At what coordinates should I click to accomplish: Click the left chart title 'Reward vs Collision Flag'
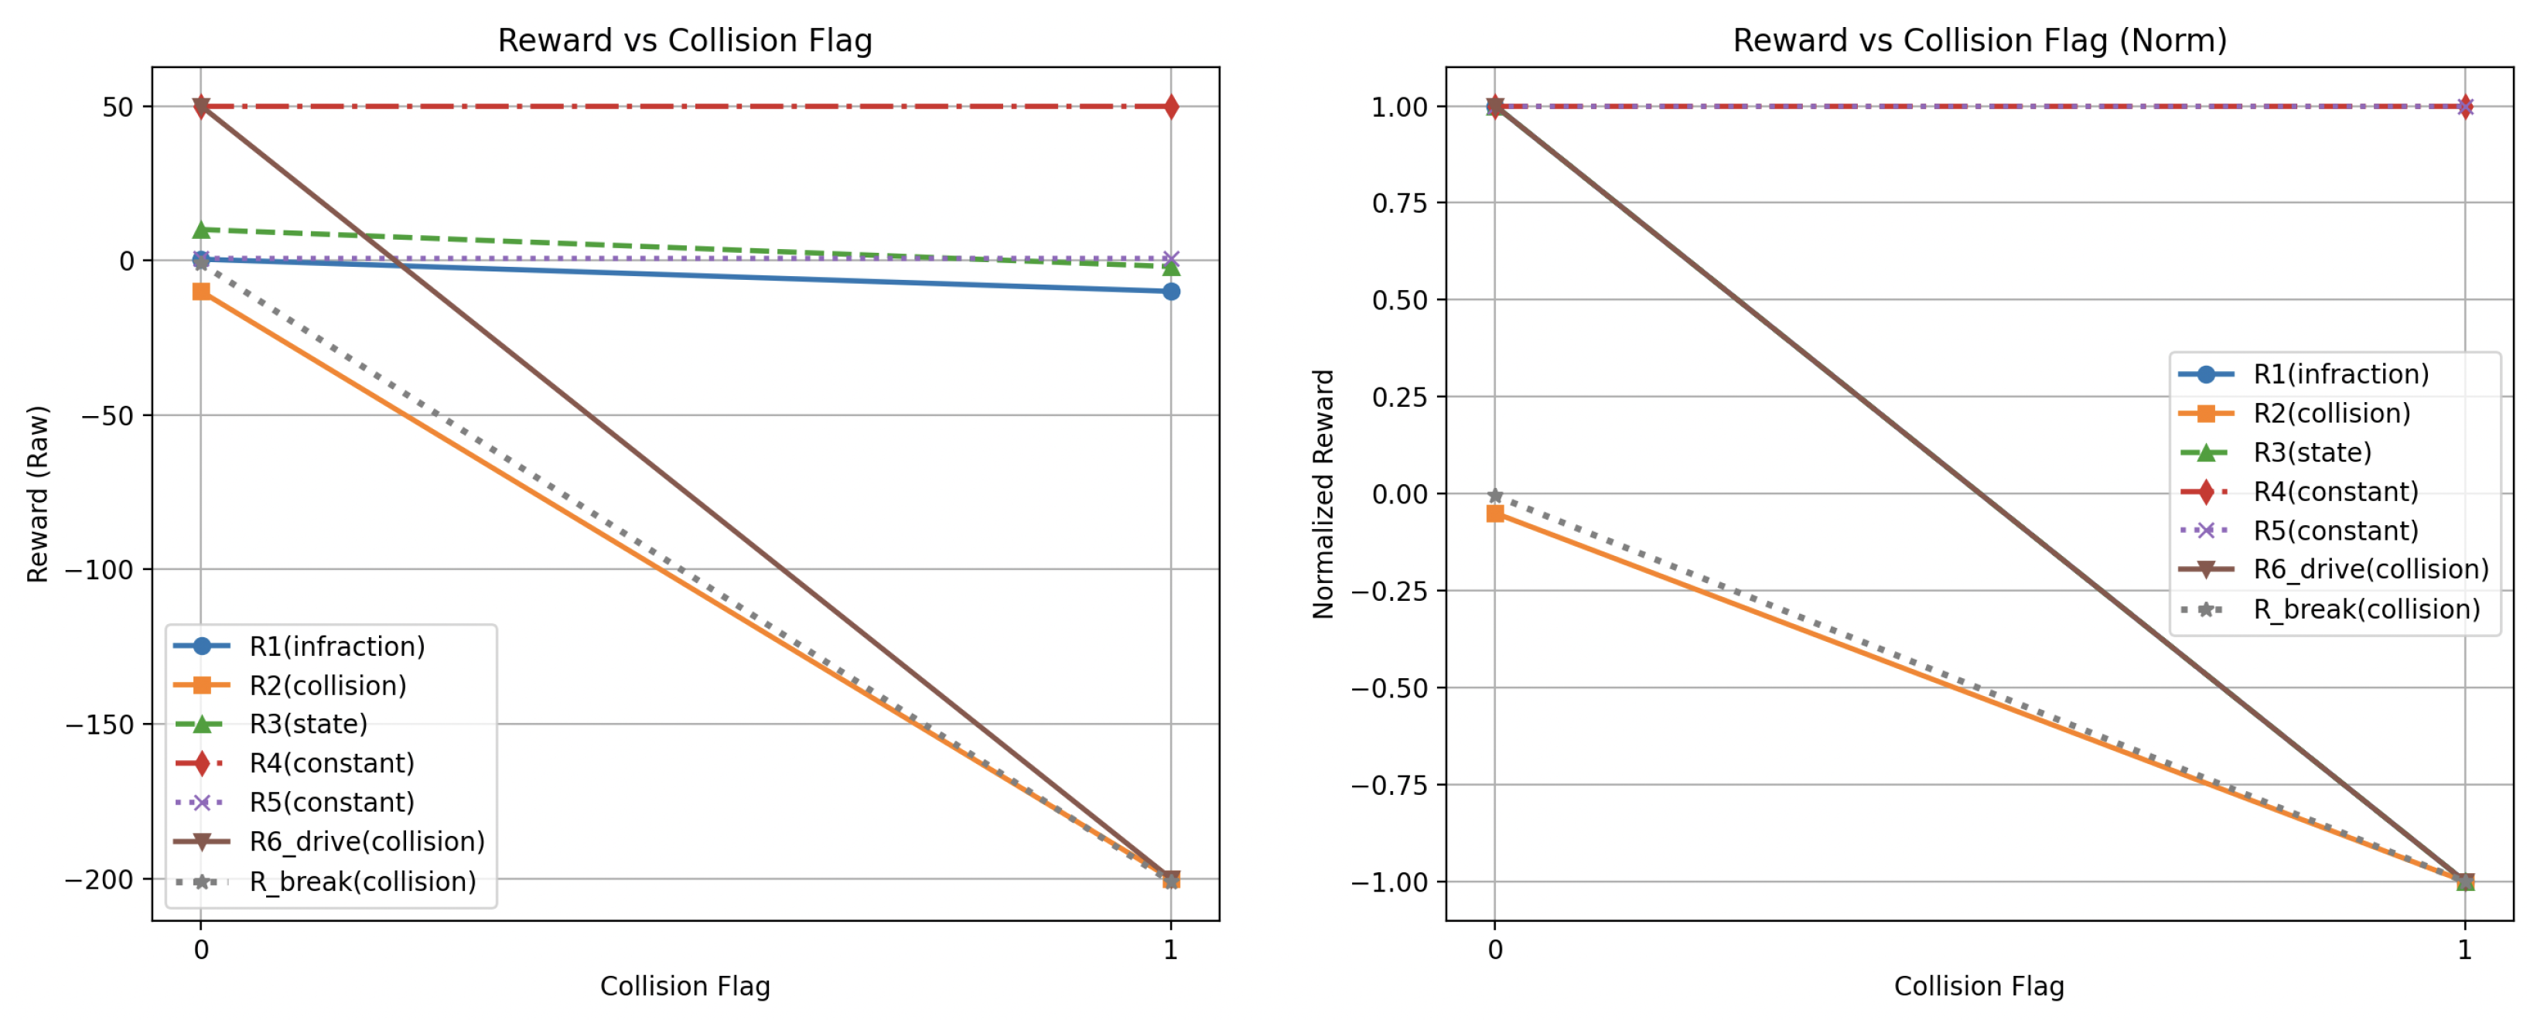[685, 40]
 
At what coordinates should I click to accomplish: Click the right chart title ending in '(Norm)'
[1979, 40]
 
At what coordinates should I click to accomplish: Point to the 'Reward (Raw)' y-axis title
[37, 494]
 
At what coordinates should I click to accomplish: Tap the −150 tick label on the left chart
[99, 725]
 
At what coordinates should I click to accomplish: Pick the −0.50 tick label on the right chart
[1390, 688]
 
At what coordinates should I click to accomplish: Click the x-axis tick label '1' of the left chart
[1171, 950]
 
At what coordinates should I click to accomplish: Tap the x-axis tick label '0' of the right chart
[1495, 950]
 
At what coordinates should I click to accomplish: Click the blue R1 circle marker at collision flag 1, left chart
[1171, 292]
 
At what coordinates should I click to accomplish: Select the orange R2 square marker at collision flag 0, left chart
[201, 292]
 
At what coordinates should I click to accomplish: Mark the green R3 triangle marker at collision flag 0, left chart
[201, 230]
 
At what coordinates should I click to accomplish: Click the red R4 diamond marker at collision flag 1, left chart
[1171, 107]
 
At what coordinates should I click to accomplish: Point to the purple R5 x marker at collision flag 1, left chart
[1171, 259]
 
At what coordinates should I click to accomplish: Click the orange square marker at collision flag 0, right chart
[1495, 513]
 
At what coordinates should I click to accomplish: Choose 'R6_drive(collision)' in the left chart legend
[367, 841]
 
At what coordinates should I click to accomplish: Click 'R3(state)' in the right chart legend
[2312, 452]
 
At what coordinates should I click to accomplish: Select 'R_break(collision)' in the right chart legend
[2366, 609]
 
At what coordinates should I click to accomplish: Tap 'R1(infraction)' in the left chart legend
[337, 646]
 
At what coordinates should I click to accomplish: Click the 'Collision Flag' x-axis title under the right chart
[1979, 986]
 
